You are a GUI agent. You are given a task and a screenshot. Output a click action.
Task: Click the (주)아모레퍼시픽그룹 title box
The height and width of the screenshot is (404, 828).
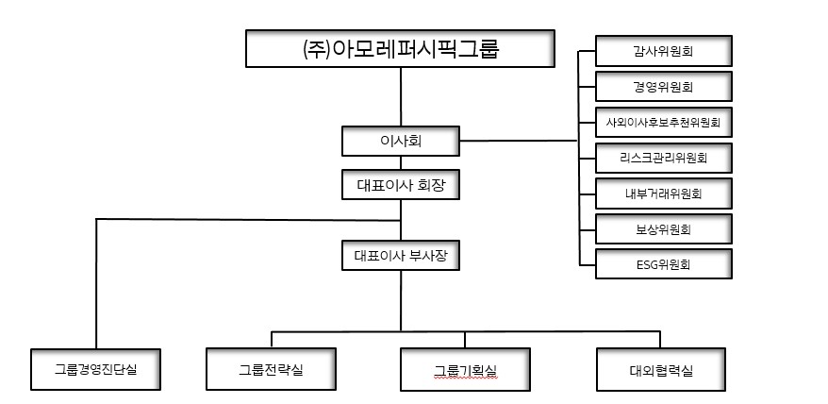coord(401,48)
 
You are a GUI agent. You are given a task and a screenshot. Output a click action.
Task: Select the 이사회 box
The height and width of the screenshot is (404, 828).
coord(401,142)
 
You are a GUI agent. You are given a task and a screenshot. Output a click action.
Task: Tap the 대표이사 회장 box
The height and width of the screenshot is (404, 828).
coord(401,184)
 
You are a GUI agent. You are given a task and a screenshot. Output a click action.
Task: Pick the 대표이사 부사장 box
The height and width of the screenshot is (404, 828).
coord(401,255)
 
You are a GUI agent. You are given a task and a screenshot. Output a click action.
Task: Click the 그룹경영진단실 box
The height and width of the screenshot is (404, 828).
coord(96,369)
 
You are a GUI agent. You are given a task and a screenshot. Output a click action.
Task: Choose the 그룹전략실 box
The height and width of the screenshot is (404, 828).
coord(272,369)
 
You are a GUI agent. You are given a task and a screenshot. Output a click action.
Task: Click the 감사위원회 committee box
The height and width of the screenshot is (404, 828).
coord(664,51)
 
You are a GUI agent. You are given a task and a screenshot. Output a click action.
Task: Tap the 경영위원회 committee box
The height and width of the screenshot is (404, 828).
coord(664,87)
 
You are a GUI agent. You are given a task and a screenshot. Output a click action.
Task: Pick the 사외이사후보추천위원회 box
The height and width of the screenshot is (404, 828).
coord(664,122)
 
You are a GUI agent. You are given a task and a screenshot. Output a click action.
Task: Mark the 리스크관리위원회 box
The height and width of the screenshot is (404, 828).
coord(664,158)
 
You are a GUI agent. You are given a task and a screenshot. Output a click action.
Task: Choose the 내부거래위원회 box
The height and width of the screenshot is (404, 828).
coord(664,194)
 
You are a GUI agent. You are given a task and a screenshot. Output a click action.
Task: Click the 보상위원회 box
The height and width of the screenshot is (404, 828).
coord(664,228)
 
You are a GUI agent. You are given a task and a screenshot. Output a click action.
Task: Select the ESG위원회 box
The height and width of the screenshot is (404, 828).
coord(664,264)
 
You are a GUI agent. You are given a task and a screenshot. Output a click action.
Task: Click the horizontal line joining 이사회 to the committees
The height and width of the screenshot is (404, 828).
coord(519,142)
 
